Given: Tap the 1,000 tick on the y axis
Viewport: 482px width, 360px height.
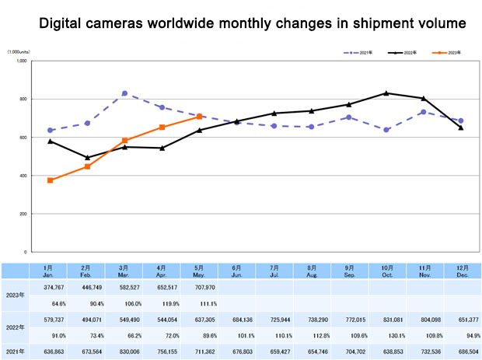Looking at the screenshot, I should tap(21, 61).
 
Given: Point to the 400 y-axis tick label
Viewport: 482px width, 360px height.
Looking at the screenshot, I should tap(23, 176).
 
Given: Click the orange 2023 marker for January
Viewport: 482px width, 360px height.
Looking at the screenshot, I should tap(50, 180).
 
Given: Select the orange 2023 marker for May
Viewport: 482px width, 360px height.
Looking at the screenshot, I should tap(199, 117).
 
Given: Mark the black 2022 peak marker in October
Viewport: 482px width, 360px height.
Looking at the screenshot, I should tap(386, 93).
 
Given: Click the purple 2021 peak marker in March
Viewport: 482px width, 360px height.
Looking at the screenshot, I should tap(124, 93).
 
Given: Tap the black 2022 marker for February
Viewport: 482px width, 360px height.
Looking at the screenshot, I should tap(87, 158).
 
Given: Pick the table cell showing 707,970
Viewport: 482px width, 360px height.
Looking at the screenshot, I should tap(199, 286).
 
